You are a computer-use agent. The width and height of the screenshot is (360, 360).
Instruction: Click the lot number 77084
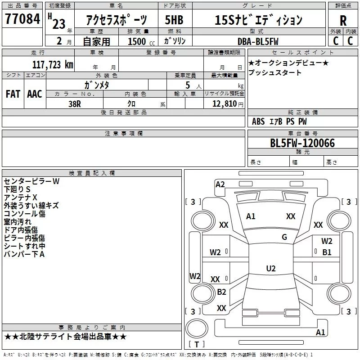pyautogui.click(x=22, y=18)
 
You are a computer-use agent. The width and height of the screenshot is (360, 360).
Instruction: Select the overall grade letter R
pyautogui.click(x=343, y=21)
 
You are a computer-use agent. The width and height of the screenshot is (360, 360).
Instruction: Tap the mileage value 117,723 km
pyautogui.click(x=53, y=65)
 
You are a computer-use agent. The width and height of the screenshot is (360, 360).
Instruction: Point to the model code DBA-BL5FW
pyautogui.click(x=258, y=41)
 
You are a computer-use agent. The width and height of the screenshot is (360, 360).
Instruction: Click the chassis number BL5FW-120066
pyautogui.click(x=302, y=143)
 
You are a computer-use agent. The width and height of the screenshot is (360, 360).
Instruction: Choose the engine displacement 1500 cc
pyautogui.click(x=141, y=41)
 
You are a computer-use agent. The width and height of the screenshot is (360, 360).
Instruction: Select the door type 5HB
pyautogui.click(x=174, y=20)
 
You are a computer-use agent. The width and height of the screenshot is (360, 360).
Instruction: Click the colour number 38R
pyautogui.click(x=75, y=104)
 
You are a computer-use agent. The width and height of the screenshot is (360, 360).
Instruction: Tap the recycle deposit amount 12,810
pyautogui.click(x=224, y=103)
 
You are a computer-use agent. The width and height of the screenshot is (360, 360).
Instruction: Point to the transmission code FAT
pyautogui.click(x=13, y=94)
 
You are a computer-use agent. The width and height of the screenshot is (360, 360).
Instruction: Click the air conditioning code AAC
pyautogui.click(x=35, y=94)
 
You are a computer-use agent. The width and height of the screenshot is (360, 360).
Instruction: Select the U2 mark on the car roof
pyautogui.click(x=271, y=268)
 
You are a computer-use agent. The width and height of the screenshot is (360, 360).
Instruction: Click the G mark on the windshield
pyautogui.click(x=284, y=237)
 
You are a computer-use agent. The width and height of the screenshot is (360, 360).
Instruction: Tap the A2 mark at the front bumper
pyautogui.click(x=220, y=184)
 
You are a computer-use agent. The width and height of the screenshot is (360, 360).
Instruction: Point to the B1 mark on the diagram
pyautogui.click(x=327, y=252)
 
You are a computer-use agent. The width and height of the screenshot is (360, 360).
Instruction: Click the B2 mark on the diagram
pyautogui.click(x=221, y=292)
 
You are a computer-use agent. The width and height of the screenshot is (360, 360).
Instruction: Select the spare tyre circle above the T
pyautogui.click(x=197, y=328)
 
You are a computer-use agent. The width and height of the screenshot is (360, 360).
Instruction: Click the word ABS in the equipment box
pyautogui.click(x=258, y=121)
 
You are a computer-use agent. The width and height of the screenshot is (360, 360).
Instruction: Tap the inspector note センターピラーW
pyautogui.click(x=31, y=181)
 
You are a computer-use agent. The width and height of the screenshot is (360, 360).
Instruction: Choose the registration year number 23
pyautogui.click(x=59, y=24)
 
